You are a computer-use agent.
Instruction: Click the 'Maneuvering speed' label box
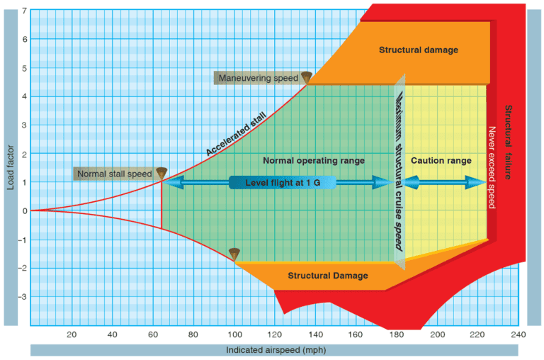[x=257, y=77]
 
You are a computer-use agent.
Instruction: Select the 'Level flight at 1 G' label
[x=282, y=183]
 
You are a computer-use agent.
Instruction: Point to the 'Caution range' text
[x=441, y=161]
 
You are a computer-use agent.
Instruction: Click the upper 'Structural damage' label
[x=418, y=50]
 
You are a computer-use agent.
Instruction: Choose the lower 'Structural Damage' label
[x=327, y=275]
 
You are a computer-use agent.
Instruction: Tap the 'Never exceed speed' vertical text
[x=492, y=167]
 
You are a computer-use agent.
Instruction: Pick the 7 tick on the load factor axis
[x=24, y=11]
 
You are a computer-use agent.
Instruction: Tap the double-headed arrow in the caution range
[x=445, y=183]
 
